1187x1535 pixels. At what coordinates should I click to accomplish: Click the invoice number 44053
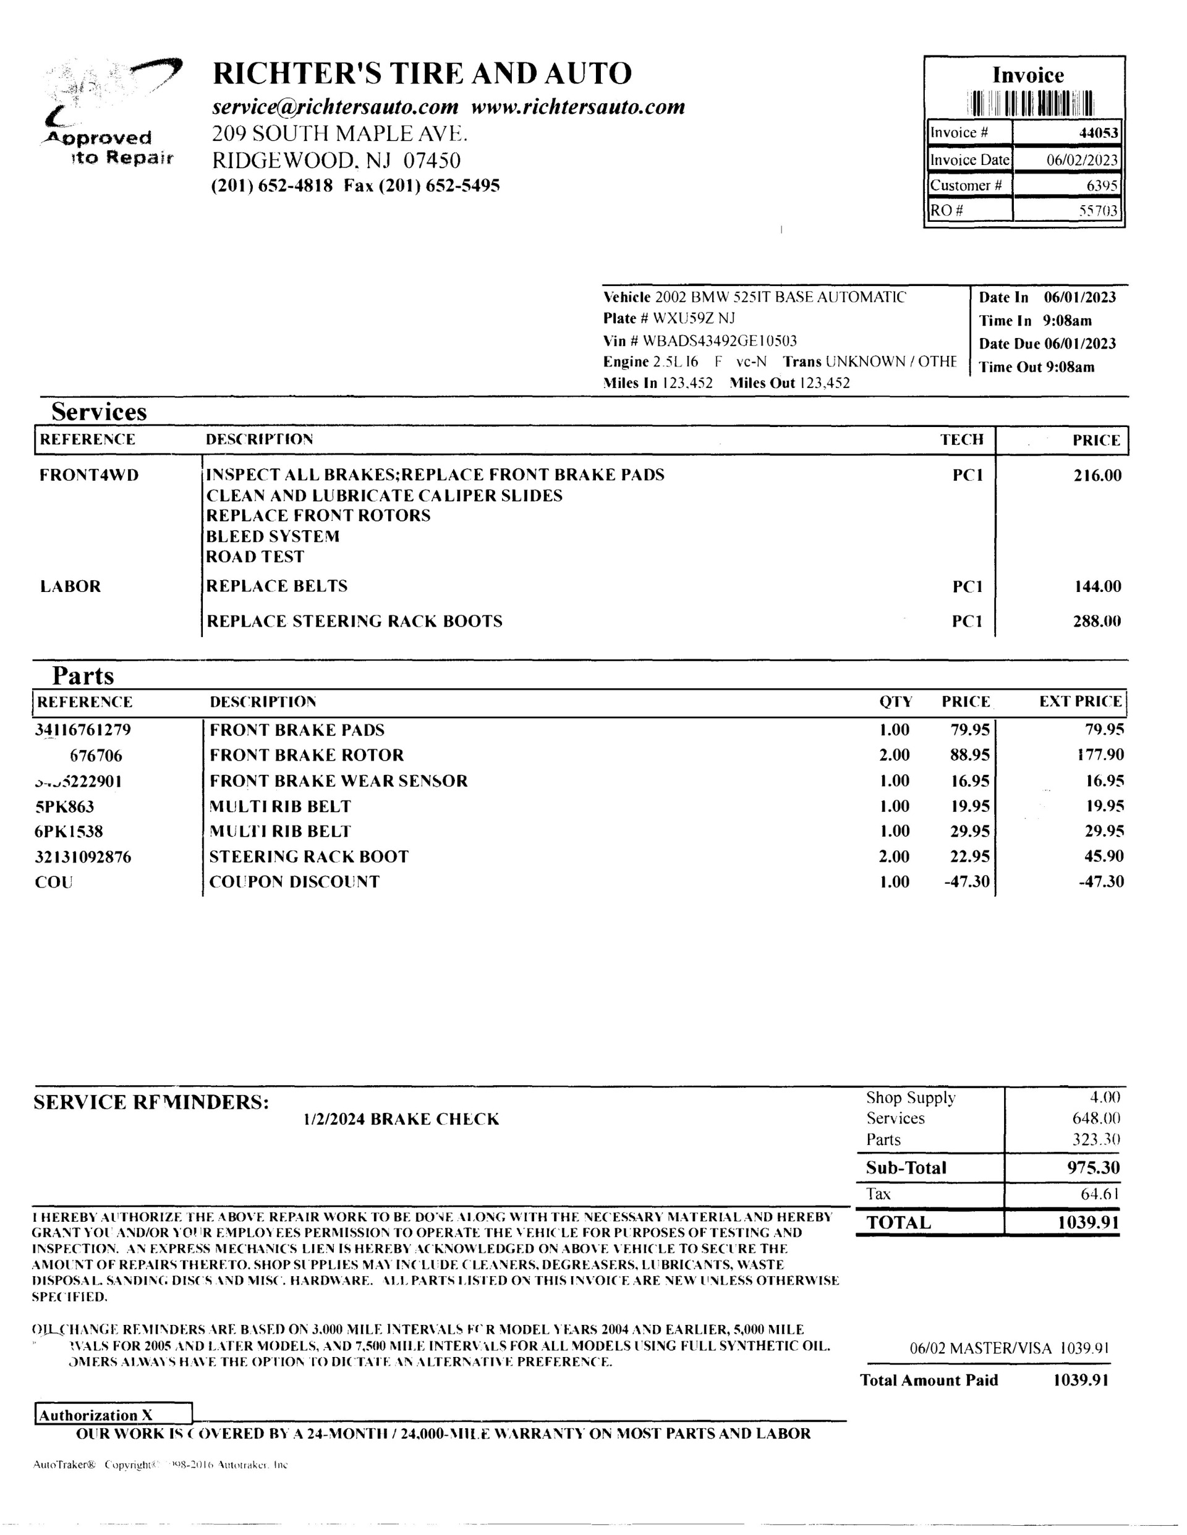[x=1098, y=133]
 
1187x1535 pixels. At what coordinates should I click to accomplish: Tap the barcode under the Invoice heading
[x=1030, y=104]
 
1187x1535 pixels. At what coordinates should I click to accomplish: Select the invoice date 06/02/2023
[x=1081, y=160]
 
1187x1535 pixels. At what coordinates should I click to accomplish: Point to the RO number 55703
[x=1098, y=210]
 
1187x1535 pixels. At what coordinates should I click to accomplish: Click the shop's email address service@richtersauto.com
[x=336, y=107]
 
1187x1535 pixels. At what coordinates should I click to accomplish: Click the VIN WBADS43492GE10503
[x=720, y=341]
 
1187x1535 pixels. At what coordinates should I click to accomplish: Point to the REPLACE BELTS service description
[x=276, y=586]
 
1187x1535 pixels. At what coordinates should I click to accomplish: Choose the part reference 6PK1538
[x=69, y=832]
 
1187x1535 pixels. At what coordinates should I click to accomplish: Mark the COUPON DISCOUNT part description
[x=295, y=882]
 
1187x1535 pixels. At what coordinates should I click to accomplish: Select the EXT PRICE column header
[x=1080, y=701]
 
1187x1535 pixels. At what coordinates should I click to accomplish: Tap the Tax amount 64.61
[x=1100, y=1193]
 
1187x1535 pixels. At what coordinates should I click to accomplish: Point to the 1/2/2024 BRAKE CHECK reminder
[x=401, y=1119]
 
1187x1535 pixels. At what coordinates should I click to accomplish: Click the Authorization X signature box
[x=113, y=1414]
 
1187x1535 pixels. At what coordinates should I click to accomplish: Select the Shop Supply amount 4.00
[x=1105, y=1097]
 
